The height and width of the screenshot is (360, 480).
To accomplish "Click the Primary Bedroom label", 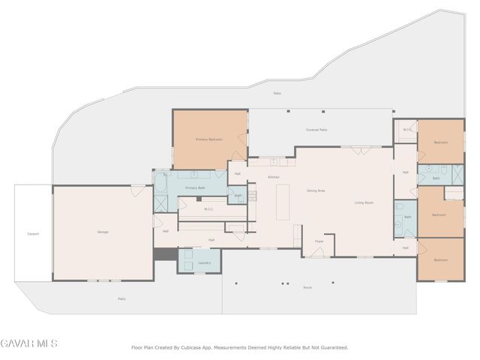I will [209, 139].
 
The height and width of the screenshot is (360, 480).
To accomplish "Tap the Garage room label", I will [103, 232].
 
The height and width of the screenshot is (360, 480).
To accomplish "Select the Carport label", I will [33, 234].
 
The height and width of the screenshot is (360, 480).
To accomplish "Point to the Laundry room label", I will [204, 262].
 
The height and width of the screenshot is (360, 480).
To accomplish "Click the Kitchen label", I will [274, 177].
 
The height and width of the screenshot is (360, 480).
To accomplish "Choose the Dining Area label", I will [316, 190].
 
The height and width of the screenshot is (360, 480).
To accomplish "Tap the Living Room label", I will [364, 202].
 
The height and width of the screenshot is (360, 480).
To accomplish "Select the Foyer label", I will [319, 241].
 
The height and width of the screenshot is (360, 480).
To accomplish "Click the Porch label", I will [307, 287].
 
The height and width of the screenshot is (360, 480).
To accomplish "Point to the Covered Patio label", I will [316, 130].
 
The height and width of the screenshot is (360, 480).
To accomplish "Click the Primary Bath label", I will [195, 187].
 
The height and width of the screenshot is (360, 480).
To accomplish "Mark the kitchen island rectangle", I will [283, 202].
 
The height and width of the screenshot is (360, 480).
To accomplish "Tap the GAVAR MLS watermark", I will [28, 343].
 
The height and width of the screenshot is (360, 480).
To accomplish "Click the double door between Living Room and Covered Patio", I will [361, 150].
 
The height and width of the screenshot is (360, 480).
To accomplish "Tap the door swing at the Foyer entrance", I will [317, 252].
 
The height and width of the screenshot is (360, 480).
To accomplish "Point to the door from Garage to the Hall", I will [157, 221].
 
